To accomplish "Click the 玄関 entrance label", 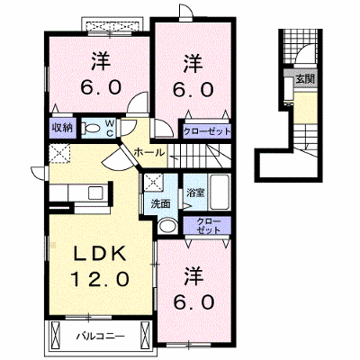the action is pos(305,79).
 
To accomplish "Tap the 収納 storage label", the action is pos(63,128).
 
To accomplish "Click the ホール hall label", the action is pos(149,153).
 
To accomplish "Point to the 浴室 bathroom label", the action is pos(195,193).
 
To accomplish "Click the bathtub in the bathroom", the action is pos(220,192).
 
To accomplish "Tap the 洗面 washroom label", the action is pos(160,204).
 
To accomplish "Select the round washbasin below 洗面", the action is pos(167,226).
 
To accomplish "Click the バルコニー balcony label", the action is pos(100,336).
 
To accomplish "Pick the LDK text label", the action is pos(100,255).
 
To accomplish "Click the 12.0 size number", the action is pos(100,279).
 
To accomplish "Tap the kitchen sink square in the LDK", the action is pos(95,193).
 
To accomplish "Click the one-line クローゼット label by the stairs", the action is pos(207,131).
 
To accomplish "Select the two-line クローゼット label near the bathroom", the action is pos(209,226).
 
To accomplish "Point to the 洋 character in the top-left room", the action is pos(101,61).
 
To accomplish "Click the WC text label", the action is pos(110,129).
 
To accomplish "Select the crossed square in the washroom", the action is pos(153,182).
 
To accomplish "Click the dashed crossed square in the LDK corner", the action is pos(59,153).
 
